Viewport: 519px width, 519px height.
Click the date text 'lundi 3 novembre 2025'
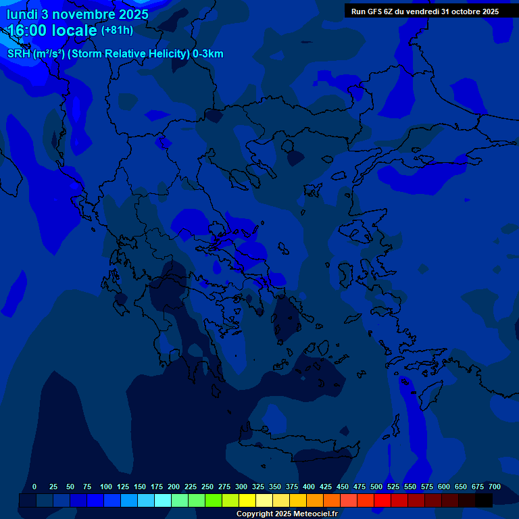78,14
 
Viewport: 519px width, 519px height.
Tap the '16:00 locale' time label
53,30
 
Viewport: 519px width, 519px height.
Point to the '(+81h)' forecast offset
117,30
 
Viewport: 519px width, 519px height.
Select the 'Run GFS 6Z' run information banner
424,11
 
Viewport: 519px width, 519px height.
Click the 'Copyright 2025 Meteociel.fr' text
287,514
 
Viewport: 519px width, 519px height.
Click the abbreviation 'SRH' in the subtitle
18,54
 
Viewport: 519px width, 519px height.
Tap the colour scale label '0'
34,487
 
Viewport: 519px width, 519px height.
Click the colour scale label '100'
106,487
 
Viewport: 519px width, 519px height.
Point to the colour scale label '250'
207,487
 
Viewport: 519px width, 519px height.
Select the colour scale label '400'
309,487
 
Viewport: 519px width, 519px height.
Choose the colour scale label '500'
376,487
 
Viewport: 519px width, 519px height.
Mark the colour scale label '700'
495,487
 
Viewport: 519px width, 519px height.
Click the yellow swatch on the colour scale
247,500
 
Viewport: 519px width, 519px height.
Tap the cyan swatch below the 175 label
163,500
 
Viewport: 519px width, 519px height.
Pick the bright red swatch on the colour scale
382,500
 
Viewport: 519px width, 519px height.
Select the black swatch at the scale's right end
484,500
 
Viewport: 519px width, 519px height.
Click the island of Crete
297,449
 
